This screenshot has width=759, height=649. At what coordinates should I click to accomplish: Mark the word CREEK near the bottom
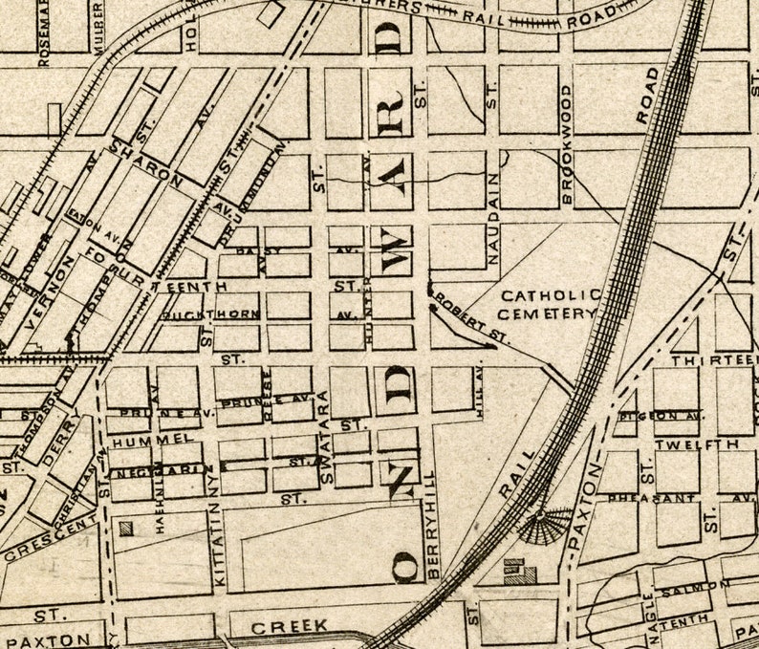291,626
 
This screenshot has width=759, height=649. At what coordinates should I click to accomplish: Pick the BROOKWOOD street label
566,143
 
